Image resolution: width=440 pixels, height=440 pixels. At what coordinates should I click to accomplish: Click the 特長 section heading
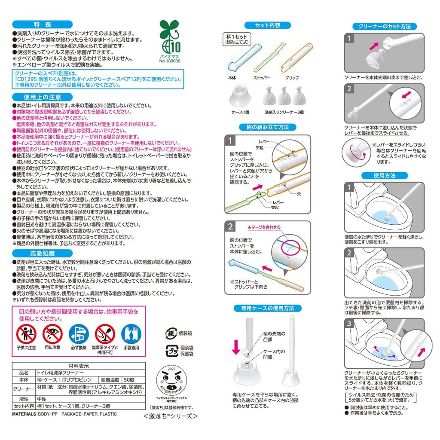42,24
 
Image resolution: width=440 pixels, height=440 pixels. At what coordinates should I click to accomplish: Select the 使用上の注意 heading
42,97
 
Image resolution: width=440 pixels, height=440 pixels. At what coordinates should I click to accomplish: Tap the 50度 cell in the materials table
128,380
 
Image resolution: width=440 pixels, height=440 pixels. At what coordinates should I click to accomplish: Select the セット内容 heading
268,25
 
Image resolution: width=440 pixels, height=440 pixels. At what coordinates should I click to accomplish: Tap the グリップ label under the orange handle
292,78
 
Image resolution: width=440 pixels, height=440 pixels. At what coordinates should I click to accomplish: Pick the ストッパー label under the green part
262,78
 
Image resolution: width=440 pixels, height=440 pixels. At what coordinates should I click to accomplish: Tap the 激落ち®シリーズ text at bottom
171,416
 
